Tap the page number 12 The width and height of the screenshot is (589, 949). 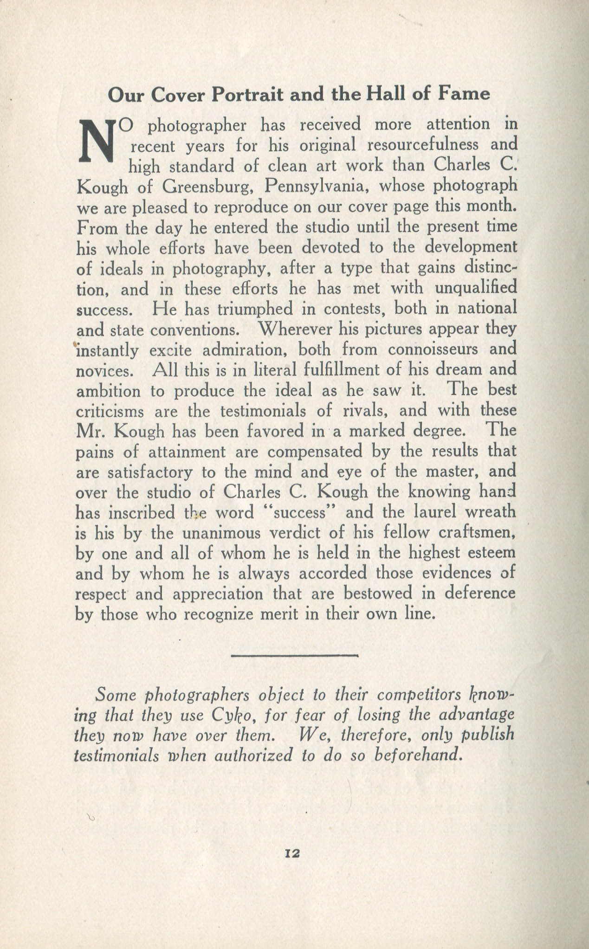294,853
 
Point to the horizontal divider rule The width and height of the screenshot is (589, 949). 294,656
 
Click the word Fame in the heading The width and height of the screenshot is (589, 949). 464,94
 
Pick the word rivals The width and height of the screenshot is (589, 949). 357,411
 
